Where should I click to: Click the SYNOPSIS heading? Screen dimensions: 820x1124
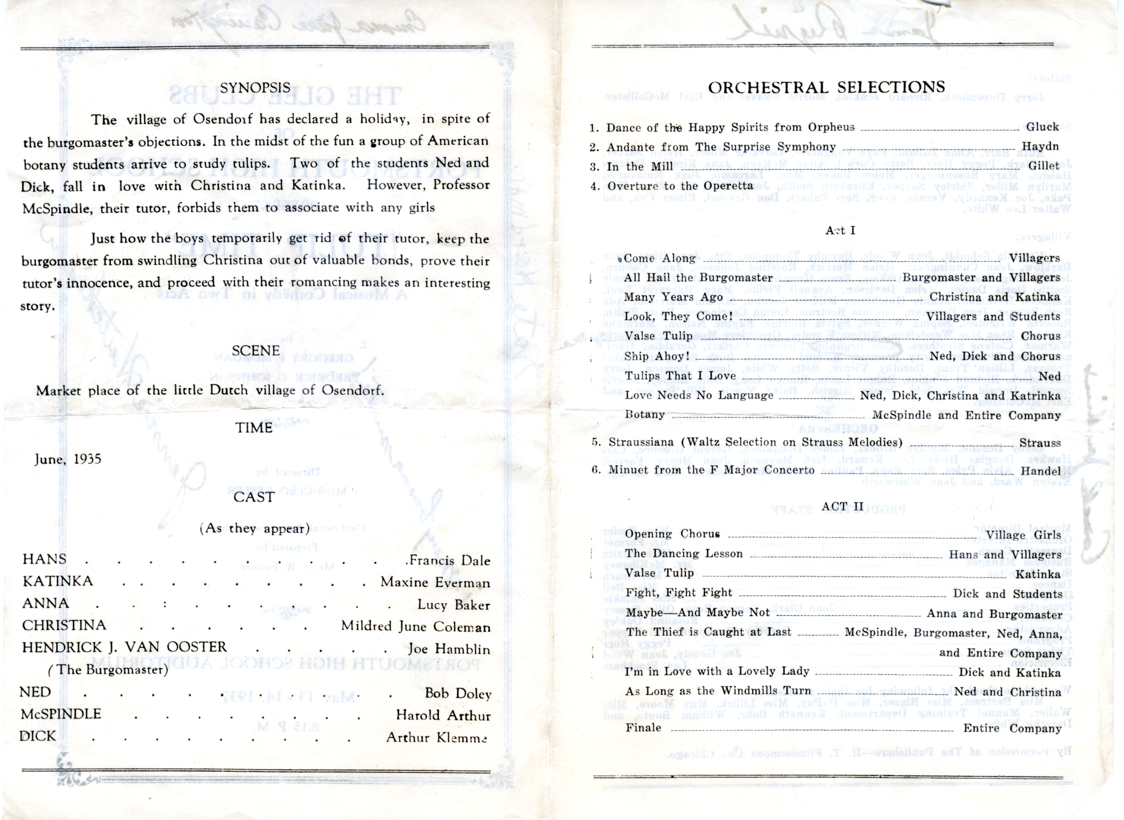(x=255, y=88)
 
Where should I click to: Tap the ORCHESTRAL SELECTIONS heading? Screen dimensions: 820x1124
(x=826, y=87)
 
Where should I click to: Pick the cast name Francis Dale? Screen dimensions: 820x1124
(x=447, y=561)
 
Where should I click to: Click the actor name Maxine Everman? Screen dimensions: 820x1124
(x=435, y=583)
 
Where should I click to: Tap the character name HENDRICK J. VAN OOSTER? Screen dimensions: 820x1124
(x=124, y=647)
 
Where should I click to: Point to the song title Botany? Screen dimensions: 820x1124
(x=645, y=414)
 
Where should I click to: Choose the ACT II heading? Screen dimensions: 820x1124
(x=841, y=506)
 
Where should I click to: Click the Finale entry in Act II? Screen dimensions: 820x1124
(x=643, y=728)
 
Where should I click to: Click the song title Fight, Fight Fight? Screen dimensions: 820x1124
(x=679, y=593)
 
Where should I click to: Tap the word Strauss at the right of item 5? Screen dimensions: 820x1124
(x=1040, y=443)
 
